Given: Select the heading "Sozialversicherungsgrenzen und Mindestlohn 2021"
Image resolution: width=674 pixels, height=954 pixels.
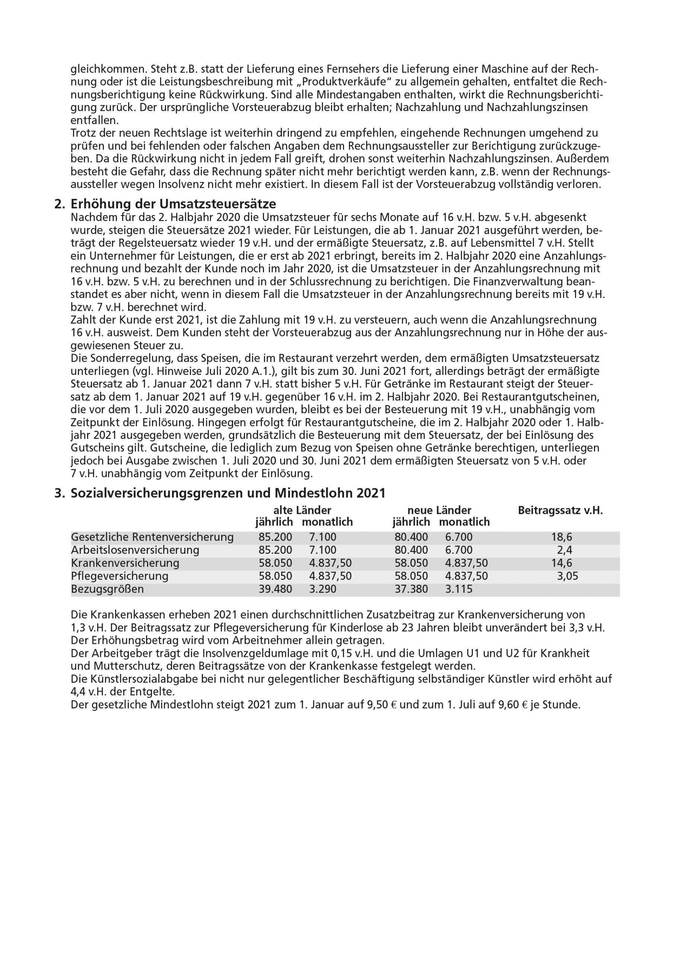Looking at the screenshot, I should [x=228, y=493].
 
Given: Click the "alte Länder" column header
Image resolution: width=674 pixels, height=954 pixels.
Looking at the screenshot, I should [x=302, y=510].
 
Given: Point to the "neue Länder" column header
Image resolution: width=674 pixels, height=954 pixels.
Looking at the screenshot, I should [x=439, y=510].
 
